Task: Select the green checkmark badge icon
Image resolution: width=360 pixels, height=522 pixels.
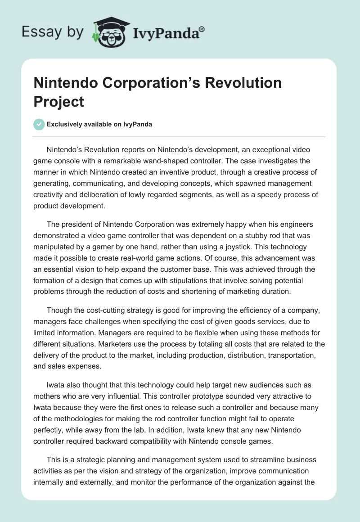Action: (39, 124)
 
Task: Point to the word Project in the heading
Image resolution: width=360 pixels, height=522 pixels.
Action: (59, 101)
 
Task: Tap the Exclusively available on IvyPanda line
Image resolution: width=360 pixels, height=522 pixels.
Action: (99, 125)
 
